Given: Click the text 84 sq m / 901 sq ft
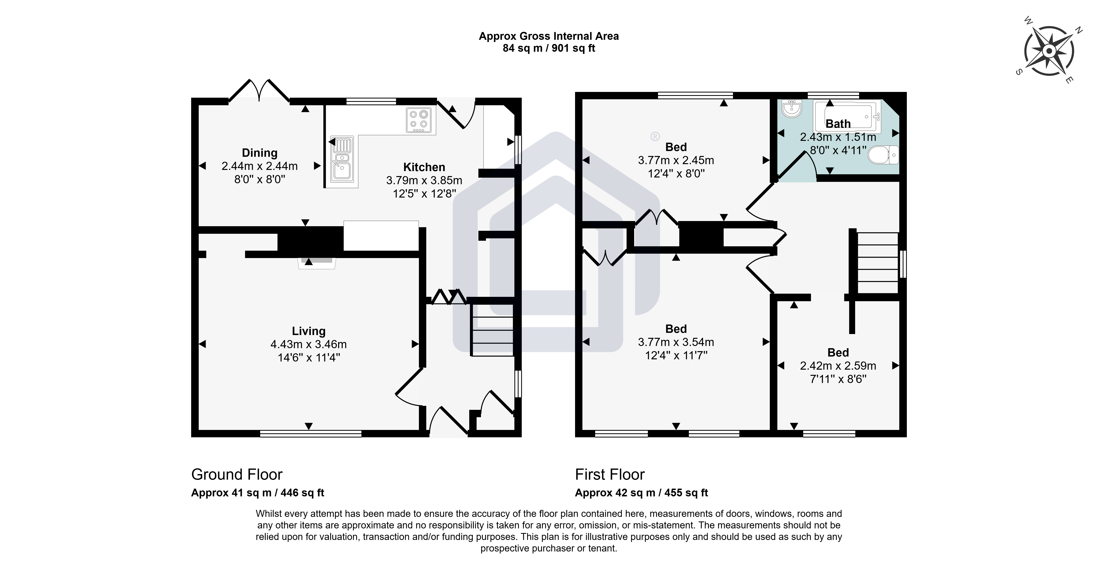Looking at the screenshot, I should (549, 48).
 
